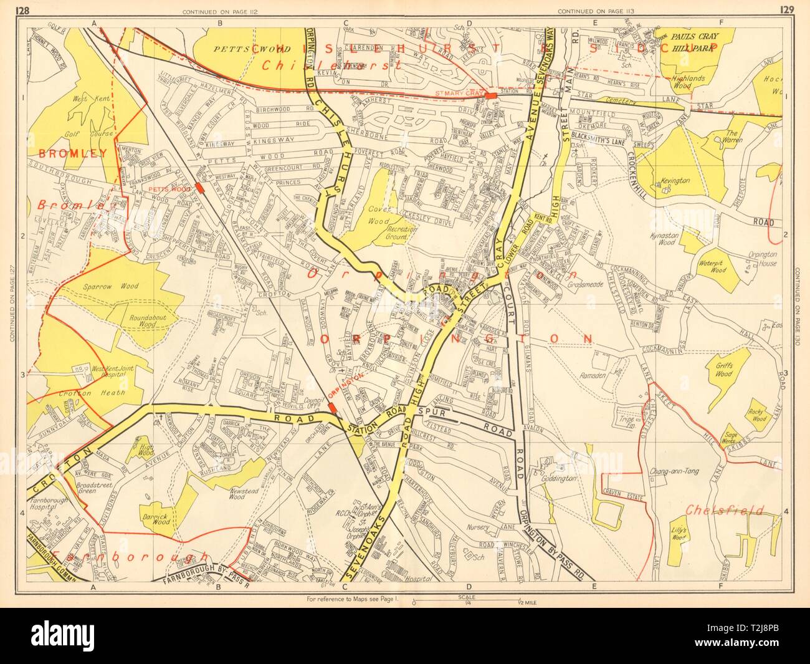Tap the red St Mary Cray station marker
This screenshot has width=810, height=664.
coord(492,95)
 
